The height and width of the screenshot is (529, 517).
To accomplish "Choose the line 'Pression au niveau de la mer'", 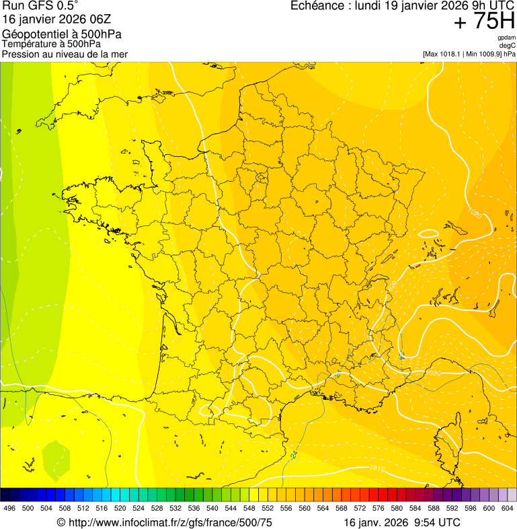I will [x=65, y=54].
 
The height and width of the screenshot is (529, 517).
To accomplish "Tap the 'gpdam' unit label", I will [x=507, y=38].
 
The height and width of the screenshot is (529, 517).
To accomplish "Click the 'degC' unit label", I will [x=508, y=46].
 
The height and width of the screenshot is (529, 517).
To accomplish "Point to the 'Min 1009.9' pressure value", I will [x=485, y=54].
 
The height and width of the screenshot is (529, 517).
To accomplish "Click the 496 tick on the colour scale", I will [x=9, y=509].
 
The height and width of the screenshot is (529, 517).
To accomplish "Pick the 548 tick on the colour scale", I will [x=249, y=509].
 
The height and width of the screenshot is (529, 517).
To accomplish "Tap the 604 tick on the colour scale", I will [x=508, y=509].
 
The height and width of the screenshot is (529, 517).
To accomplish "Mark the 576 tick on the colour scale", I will [x=378, y=509].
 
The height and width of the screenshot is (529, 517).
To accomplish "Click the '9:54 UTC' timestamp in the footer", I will [x=440, y=522].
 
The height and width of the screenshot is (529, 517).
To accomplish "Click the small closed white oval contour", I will [x=428, y=234].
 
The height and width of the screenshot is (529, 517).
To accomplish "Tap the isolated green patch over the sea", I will [x=56, y=458].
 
